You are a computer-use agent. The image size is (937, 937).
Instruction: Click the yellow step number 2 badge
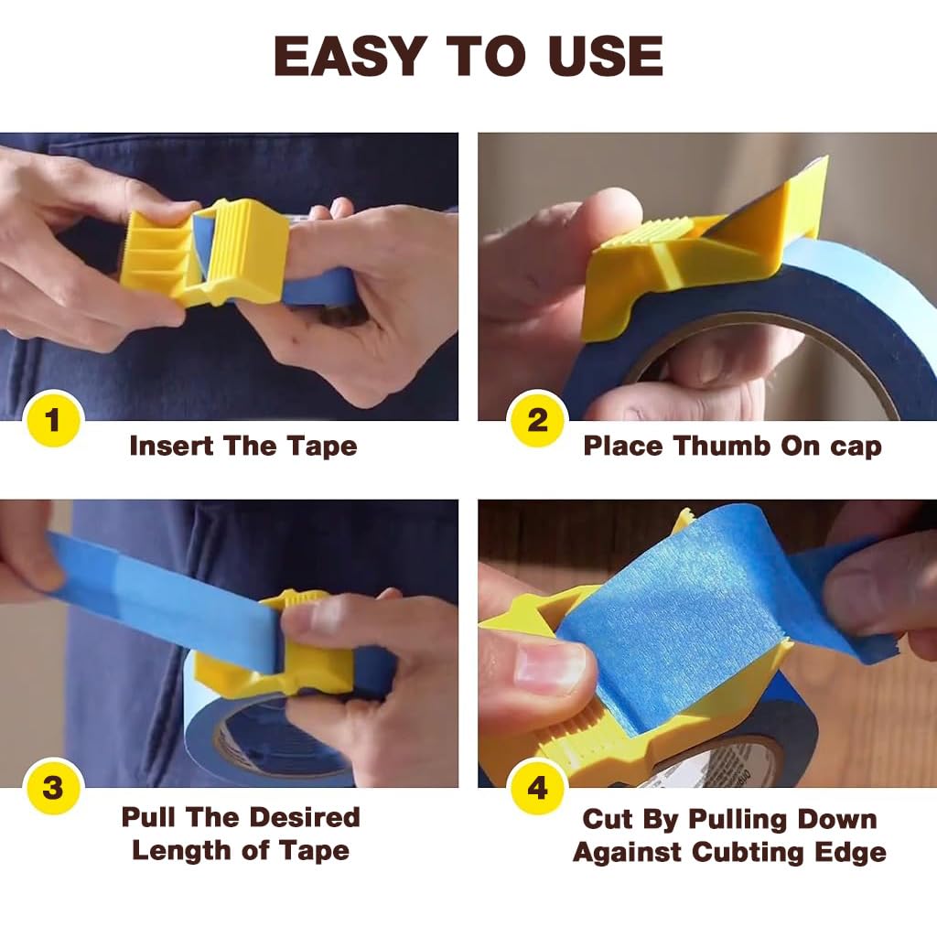tap(537, 421)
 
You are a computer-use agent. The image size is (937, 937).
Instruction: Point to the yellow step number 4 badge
tap(537, 788)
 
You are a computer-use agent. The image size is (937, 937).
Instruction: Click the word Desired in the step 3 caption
tap(307, 817)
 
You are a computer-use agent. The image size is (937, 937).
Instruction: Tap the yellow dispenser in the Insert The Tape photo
tap(206, 253)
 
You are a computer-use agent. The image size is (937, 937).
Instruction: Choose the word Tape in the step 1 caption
tap(322, 447)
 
